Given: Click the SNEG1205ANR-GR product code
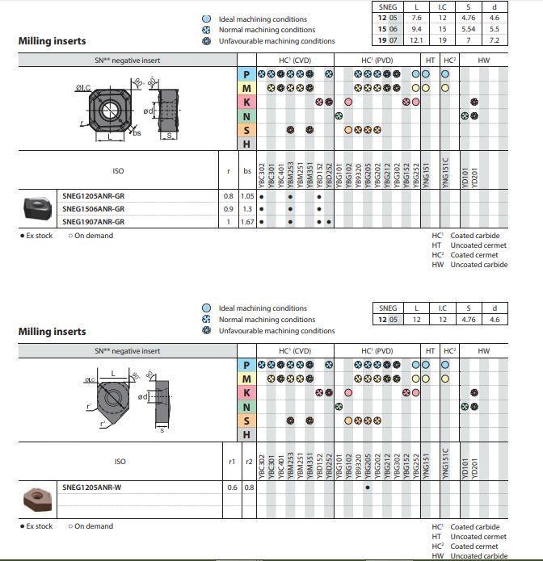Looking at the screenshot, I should [x=93, y=196].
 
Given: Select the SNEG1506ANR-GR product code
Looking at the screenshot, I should [x=93, y=208].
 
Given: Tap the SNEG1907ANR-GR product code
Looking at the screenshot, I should [x=93, y=221].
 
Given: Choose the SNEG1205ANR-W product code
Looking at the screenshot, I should [x=91, y=487].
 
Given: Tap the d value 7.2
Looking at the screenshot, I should [x=495, y=39].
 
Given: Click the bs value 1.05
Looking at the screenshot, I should [x=246, y=196].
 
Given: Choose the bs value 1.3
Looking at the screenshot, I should [x=246, y=208].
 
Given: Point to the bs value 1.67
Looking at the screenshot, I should [x=246, y=221].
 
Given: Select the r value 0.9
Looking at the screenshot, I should [x=228, y=208].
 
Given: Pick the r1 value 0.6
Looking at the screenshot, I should [x=232, y=487].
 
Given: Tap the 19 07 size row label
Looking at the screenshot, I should [x=388, y=39].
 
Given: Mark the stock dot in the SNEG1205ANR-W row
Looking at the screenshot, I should [x=368, y=487].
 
